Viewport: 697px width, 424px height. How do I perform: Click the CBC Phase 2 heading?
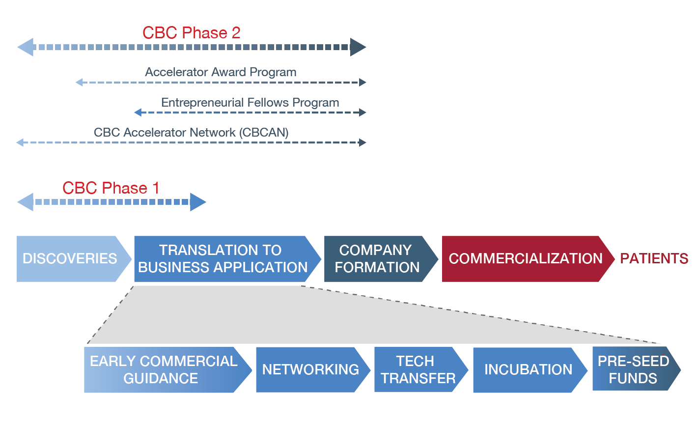[192, 33]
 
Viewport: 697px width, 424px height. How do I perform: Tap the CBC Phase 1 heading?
[111, 188]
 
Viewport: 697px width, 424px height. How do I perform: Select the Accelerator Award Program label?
[221, 72]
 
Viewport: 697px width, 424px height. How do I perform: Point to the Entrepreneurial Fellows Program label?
[250, 103]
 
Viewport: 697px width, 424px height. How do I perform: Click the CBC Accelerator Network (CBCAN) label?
[191, 133]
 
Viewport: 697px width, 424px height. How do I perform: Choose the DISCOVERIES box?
[70, 259]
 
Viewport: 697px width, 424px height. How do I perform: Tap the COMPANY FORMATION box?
[377, 259]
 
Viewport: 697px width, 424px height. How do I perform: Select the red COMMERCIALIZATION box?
[525, 259]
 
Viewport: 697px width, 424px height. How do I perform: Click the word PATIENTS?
[654, 259]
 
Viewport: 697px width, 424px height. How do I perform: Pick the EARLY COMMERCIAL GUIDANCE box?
[163, 370]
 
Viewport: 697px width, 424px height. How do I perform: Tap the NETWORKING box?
[310, 370]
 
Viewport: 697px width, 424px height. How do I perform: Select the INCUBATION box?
[528, 370]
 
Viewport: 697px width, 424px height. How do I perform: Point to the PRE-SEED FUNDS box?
[633, 369]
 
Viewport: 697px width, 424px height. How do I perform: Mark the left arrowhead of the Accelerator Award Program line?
[79, 83]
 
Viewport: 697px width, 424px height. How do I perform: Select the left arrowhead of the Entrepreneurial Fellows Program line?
[138, 113]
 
